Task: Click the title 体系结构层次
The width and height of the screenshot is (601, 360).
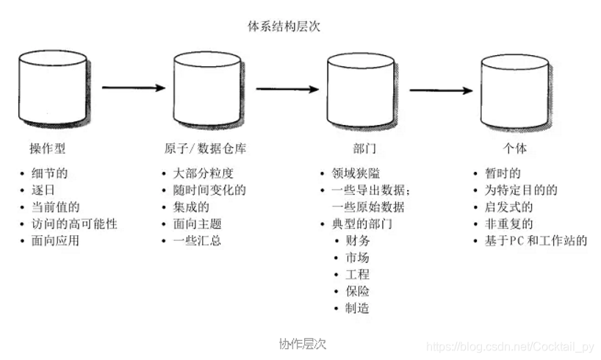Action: coord(284,26)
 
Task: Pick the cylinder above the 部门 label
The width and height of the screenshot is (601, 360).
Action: coord(358,89)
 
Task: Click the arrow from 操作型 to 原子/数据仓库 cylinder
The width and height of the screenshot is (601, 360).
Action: coord(133,87)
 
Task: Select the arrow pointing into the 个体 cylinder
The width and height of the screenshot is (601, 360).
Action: coord(440,91)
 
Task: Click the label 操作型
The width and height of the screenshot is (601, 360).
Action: coord(47,148)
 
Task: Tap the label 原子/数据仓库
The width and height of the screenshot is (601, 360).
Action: coord(205,148)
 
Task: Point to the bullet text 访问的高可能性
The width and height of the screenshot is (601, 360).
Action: coord(73,223)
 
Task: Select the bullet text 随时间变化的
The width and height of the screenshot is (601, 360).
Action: coord(209,190)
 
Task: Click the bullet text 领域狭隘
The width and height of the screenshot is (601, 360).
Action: coord(356,173)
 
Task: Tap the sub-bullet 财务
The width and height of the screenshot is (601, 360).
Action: coord(357,240)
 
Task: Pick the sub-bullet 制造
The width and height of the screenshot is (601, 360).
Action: coord(357,308)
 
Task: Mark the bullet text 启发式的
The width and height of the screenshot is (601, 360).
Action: coord(504,206)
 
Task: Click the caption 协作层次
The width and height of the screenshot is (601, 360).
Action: coord(302,343)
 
